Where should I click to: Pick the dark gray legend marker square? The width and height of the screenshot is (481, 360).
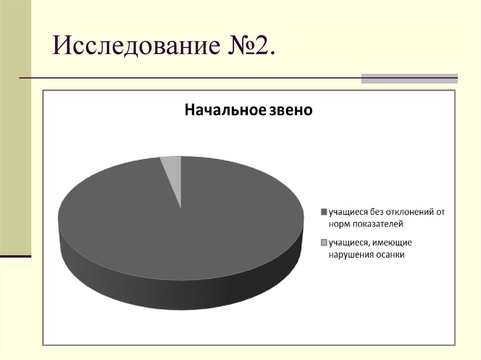click(x=323, y=212)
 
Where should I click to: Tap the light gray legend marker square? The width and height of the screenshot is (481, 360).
click(x=323, y=243)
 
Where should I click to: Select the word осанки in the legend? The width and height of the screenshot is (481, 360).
click(x=389, y=255)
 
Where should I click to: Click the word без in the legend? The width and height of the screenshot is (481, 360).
click(x=373, y=212)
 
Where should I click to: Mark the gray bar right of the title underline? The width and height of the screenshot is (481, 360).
click(x=409, y=78)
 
